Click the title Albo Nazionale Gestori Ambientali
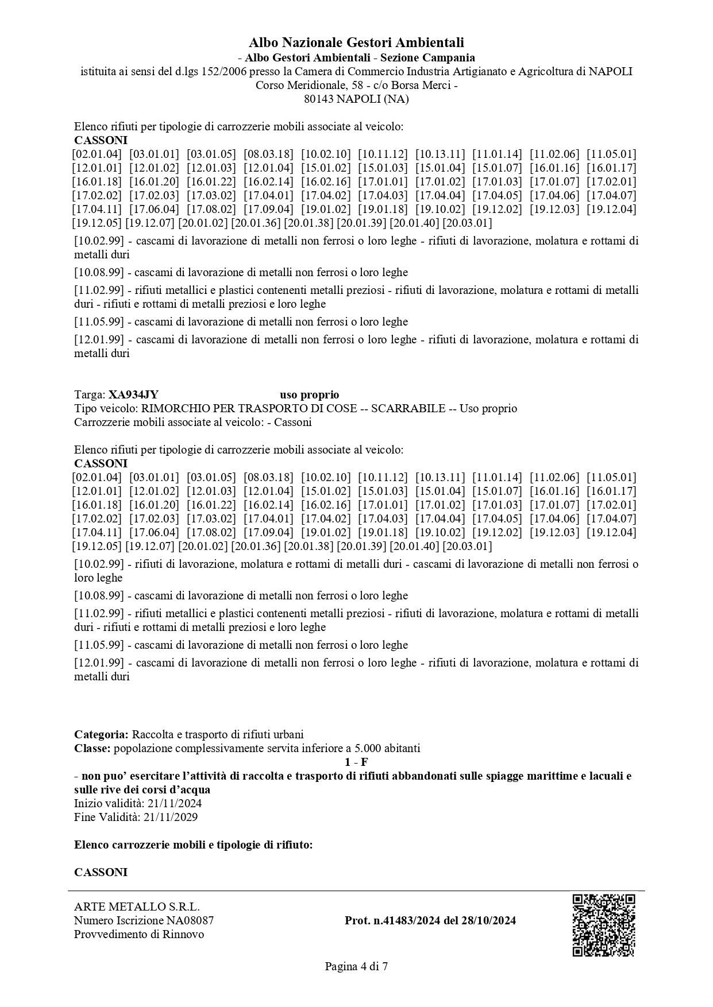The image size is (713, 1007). click(x=356, y=42)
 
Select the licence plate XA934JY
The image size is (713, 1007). click(x=133, y=395)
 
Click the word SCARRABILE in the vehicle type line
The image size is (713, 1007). click(x=408, y=409)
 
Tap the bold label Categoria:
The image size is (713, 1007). click(x=101, y=734)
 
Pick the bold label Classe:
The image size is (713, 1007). click(x=93, y=748)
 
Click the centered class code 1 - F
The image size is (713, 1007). click(x=356, y=762)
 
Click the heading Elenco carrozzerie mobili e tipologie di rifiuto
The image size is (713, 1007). click(x=194, y=845)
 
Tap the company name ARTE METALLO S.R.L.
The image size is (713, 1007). click(x=137, y=907)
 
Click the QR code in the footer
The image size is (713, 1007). click(x=603, y=924)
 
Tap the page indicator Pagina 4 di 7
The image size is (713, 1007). click(x=356, y=967)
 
